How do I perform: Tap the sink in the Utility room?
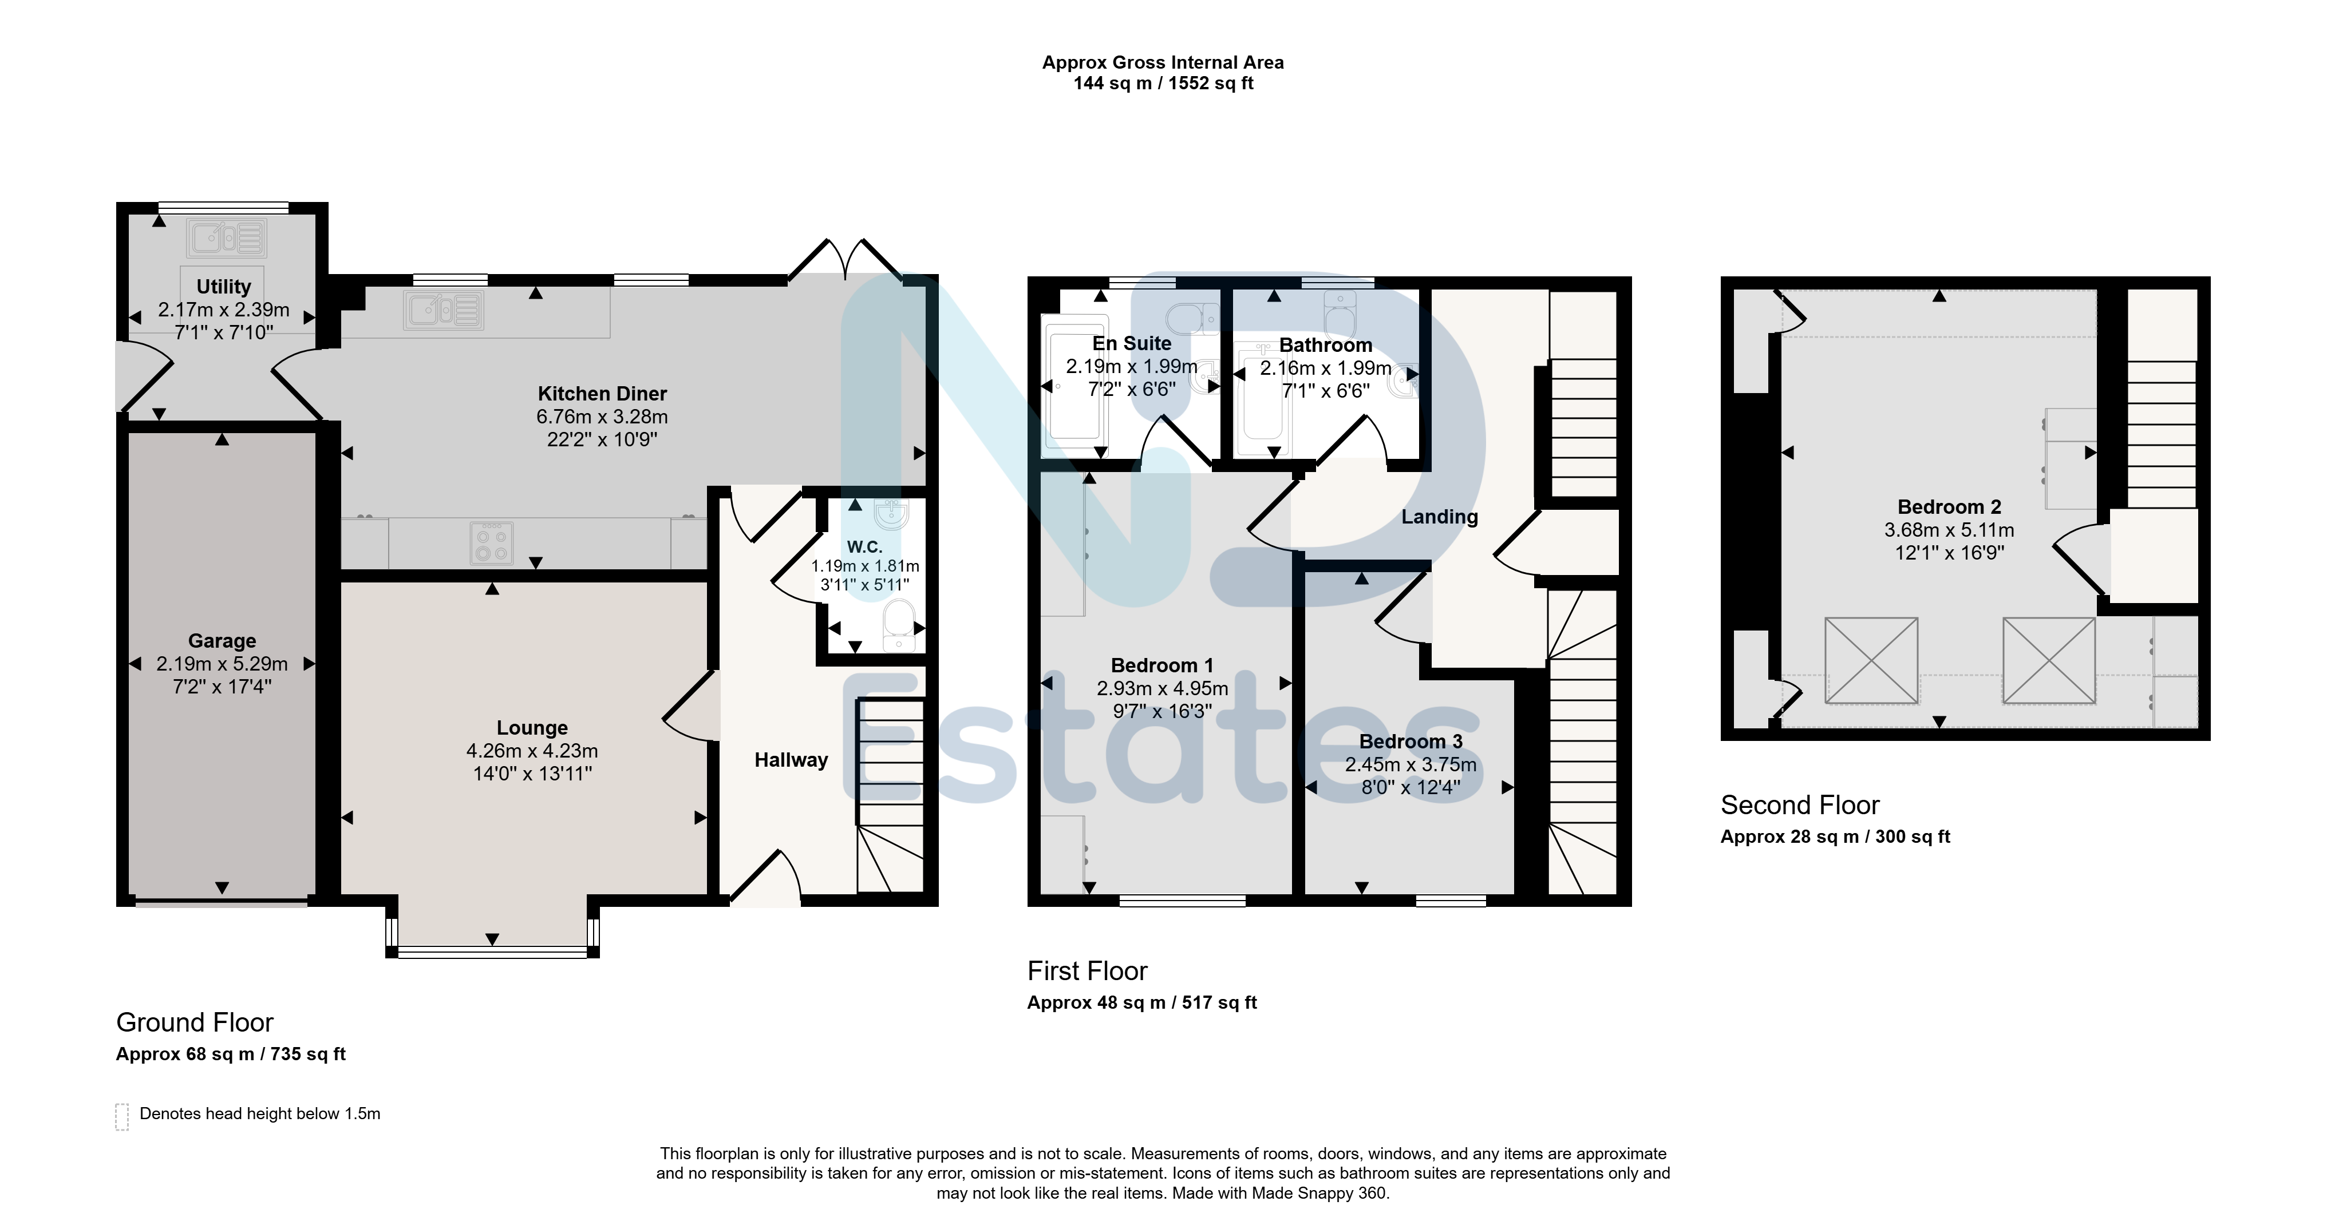pos(227,239)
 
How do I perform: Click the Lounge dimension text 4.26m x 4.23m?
pos(532,751)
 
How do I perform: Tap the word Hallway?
pos(791,760)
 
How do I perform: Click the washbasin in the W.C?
pos(892,513)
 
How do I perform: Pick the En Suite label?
pos(1132,343)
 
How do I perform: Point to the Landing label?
pos(1440,517)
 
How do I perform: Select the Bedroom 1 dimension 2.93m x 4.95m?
pos(1163,688)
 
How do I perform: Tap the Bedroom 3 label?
pos(1411,742)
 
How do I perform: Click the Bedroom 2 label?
pos(1949,506)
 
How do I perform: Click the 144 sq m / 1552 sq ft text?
pos(1163,83)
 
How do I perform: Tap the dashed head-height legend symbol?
pos(122,1117)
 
